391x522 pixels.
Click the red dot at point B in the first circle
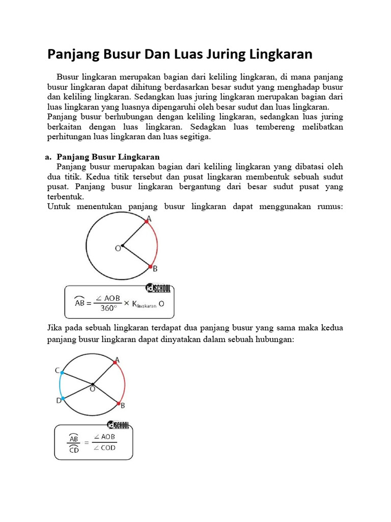click(150, 267)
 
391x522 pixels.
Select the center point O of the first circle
click(123, 246)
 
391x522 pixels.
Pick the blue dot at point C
click(62, 373)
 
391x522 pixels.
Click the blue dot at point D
click(62, 398)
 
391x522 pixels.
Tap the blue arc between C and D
click(60, 385)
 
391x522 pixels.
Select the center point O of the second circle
click(93, 384)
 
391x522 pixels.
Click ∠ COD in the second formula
click(104, 448)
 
